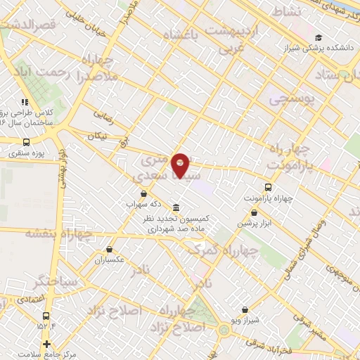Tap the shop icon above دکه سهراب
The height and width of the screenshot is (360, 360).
(143, 193)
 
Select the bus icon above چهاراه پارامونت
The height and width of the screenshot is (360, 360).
(268, 187)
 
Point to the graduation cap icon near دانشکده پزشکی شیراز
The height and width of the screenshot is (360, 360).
(319, 38)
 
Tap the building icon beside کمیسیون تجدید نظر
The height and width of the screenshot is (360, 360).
(174, 208)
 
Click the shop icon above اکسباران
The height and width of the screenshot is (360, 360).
(110, 249)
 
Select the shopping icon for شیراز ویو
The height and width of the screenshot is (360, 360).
(244, 309)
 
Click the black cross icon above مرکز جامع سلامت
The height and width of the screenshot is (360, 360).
(47, 344)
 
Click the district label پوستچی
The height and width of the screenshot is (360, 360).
(292, 100)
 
